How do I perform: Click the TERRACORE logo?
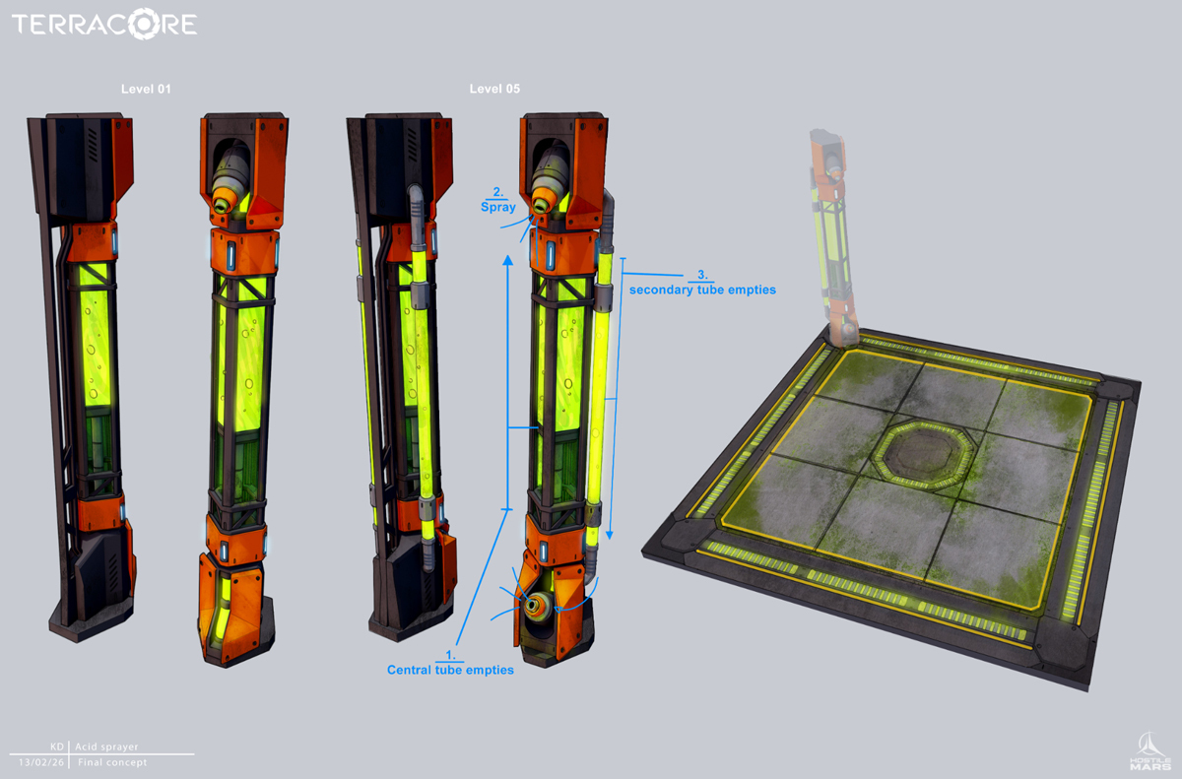104,24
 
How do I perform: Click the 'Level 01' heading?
146,90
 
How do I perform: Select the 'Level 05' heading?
494,89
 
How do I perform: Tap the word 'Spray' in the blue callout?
498,207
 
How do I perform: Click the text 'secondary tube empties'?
702,290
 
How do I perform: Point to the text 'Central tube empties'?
450,670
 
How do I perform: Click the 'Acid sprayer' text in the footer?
106,747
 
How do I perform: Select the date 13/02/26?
41,762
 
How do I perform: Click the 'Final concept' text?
112,762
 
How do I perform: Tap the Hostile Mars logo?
1150,751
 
